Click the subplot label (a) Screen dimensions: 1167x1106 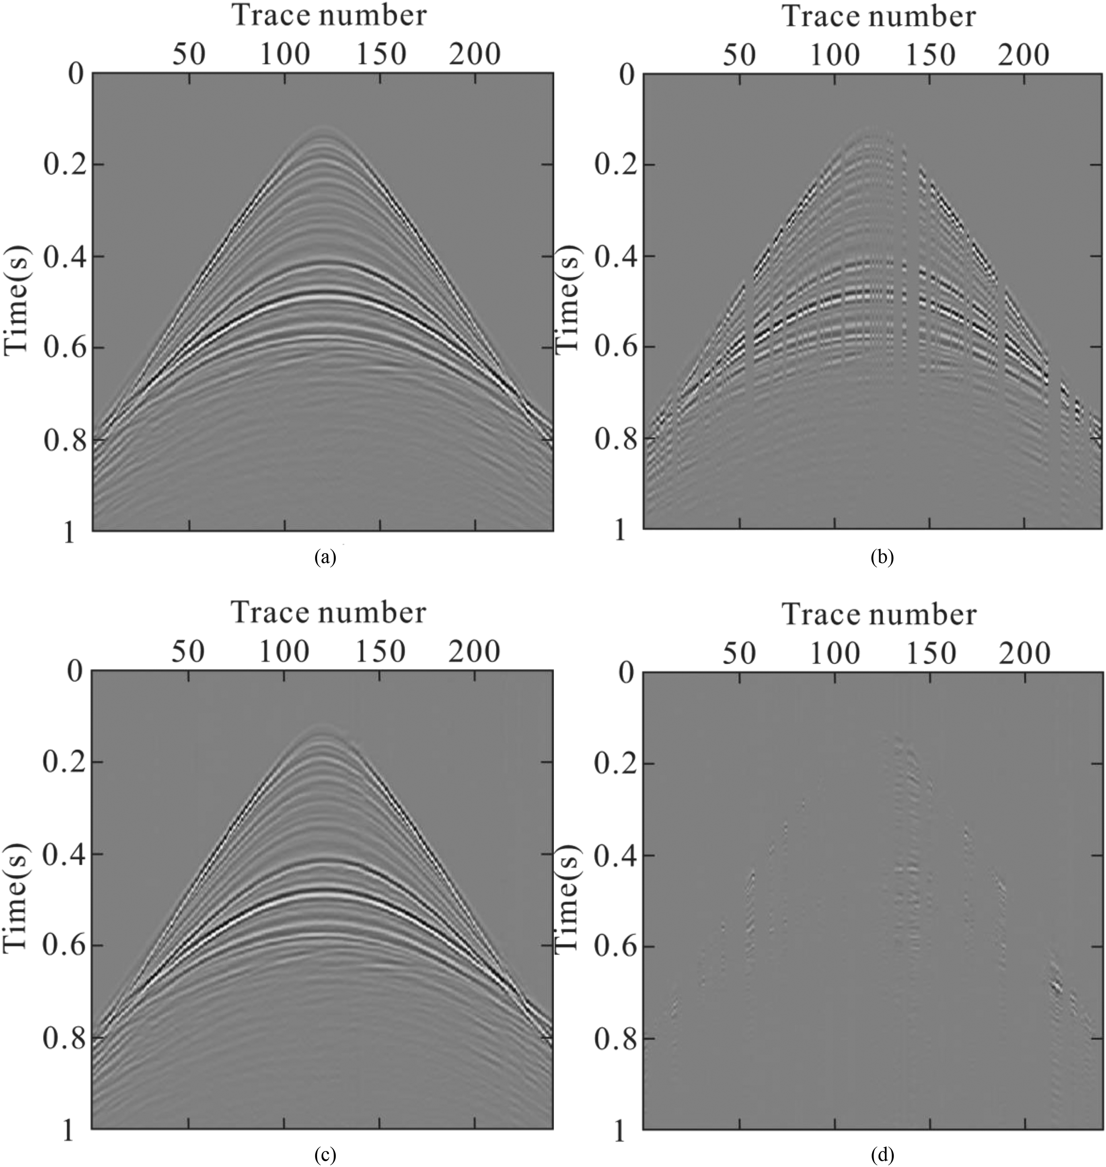[x=325, y=557]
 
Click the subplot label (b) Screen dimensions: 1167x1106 [x=882, y=557]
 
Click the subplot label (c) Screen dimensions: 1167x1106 [x=325, y=1154]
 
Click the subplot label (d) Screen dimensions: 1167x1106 [x=882, y=1154]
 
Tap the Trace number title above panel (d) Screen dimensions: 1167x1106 [x=879, y=614]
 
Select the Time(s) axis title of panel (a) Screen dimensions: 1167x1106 [x=16, y=301]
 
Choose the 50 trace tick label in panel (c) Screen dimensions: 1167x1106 [x=189, y=652]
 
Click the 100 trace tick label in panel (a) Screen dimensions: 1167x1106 [x=285, y=55]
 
